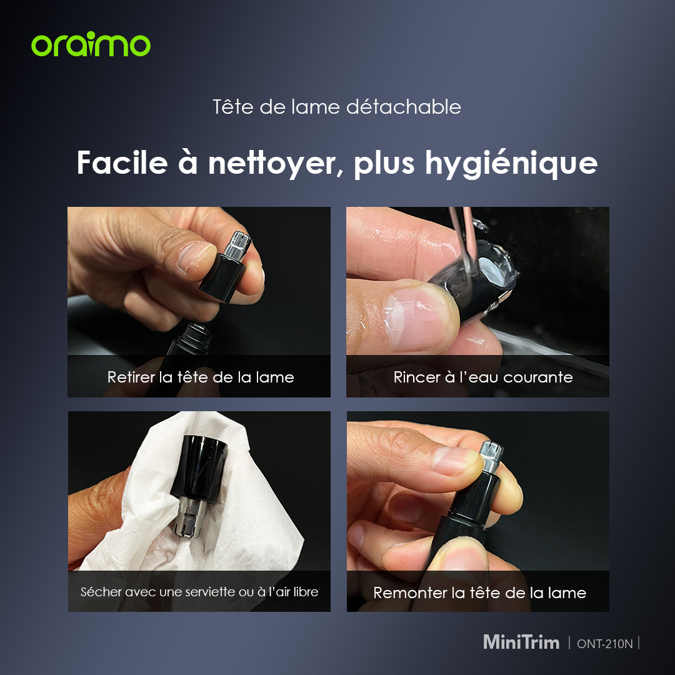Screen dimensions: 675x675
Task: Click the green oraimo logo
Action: point(91,44)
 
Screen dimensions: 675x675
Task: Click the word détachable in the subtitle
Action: point(403,107)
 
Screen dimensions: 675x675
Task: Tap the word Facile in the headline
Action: point(122,162)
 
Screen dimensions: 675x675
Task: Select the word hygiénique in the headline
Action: point(511,164)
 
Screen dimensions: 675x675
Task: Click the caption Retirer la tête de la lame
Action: point(201,377)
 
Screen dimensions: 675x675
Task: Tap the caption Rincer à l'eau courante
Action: point(483,377)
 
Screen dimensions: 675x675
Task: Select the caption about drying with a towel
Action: point(199,592)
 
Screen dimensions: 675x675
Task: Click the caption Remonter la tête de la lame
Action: point(479,592)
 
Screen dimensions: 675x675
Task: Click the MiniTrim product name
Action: point(521,642)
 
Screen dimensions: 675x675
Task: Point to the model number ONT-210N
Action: point(604,644)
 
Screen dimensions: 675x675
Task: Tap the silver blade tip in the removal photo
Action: point(238,244)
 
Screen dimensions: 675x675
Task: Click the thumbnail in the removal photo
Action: point(196,256)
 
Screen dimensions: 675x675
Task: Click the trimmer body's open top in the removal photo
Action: point(197,332)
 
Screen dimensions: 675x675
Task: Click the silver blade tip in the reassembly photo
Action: point(491,456)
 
